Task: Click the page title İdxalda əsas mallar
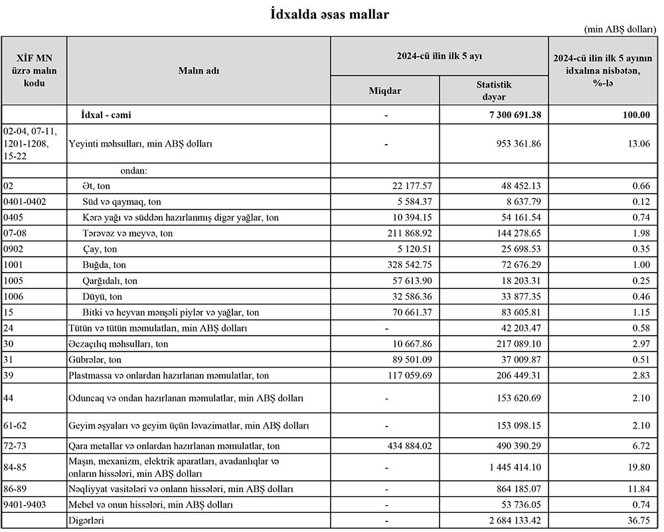(330, 13)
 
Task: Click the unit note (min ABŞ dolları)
(620, 30)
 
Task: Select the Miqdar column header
(385, 90)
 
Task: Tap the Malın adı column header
(199, 70)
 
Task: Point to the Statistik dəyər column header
(494, 90)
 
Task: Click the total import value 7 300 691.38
(511, 115)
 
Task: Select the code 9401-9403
(25, 505)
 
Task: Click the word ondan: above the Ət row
(133, 170)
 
